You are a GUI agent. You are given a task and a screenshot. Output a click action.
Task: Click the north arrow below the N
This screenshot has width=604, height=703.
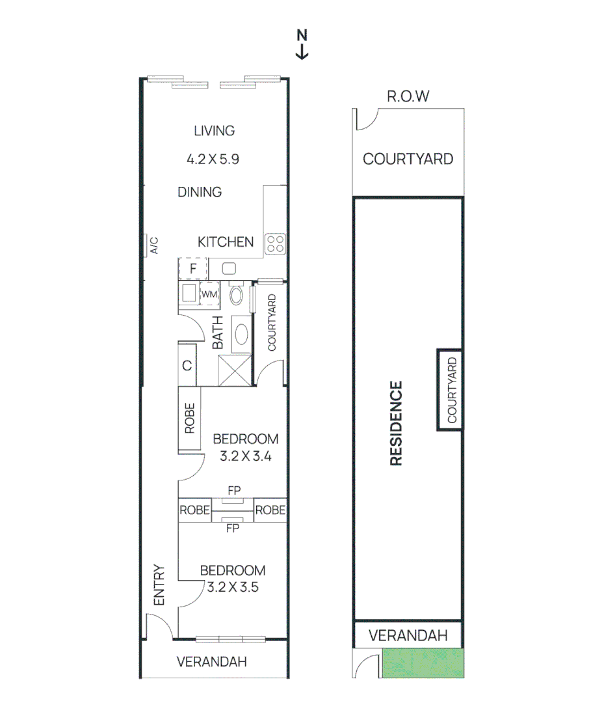[302, 51]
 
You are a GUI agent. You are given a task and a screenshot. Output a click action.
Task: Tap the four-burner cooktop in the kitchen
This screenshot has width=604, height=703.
[276, 243]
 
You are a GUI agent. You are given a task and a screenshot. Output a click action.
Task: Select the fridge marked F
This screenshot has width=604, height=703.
[193, 268]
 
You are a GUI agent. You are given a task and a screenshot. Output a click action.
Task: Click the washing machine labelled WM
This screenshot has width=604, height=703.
[209, 294]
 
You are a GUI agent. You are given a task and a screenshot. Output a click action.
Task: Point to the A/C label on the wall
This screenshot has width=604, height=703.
[154, 245]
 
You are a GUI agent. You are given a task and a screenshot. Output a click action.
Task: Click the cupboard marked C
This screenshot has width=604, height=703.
[187, 365]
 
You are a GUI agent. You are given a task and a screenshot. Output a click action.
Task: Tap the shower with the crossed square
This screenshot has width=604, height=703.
[234, 370]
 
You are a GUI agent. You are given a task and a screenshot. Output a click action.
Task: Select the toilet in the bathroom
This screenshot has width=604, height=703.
[236, 296]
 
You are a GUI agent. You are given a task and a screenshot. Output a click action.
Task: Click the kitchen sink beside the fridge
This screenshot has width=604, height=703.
[229, 268]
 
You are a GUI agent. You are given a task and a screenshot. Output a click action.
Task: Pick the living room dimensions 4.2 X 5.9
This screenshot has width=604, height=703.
[214, 158]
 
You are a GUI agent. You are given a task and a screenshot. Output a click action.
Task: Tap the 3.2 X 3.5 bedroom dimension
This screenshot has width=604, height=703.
[233, 587]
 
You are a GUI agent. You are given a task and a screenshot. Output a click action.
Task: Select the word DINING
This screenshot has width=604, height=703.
[200, 192]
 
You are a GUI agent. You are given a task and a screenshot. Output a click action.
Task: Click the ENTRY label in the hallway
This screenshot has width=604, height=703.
[161, 585]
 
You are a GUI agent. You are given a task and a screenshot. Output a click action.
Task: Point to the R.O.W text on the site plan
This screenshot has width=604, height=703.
[408, 97]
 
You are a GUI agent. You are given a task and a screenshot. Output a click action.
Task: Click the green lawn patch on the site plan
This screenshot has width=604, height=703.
[424, 664]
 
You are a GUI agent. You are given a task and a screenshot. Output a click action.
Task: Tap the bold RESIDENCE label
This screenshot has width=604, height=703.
[396, 424]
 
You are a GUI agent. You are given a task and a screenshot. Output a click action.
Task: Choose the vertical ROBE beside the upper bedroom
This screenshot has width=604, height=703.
[189, 419]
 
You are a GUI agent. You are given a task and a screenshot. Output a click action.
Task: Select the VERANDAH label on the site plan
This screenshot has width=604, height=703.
[408, 635]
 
